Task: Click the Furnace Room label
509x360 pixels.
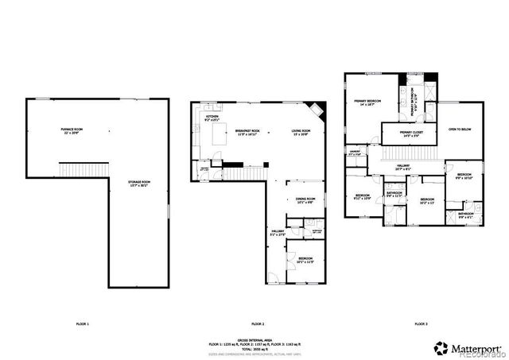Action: [72, 130]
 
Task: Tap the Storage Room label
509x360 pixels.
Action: [139, 184]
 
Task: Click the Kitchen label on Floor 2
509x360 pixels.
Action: [212, 118]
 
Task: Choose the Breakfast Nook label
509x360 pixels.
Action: [249, 132]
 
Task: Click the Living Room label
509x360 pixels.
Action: [300, 132]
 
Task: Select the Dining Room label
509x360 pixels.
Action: [306, 200]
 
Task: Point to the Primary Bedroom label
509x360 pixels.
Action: [367, 103]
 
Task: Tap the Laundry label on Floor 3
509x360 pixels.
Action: [356, 153]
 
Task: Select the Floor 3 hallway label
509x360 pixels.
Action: [404, 166]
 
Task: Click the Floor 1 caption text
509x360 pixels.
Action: [82, 324]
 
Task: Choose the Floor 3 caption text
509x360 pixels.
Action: [421, 324]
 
